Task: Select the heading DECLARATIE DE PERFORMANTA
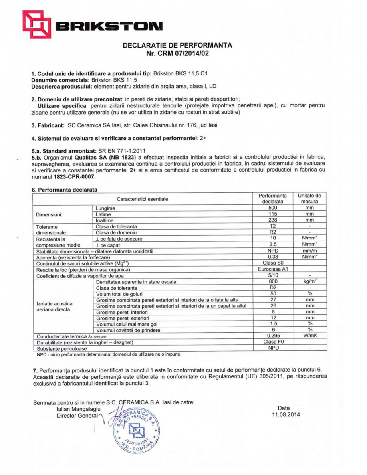(177, 45)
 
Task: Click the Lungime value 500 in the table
(272, 208)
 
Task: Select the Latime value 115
(272, 214)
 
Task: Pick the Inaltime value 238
(272, 220)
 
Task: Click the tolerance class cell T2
(272, 226)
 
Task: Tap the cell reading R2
(272, 232)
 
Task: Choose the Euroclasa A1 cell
(272, 269)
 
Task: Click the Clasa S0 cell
(272, 263)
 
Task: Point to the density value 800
(272, 281)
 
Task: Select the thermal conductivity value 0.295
(272, 336)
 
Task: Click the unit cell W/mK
(309, 336)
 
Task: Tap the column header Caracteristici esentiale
(143, 199)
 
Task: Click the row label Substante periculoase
(62, 348)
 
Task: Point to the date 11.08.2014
(284, 414)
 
